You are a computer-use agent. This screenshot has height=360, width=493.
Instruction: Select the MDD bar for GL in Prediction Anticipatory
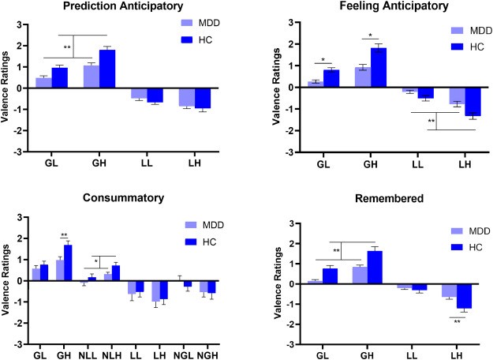(x=43, y=82)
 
